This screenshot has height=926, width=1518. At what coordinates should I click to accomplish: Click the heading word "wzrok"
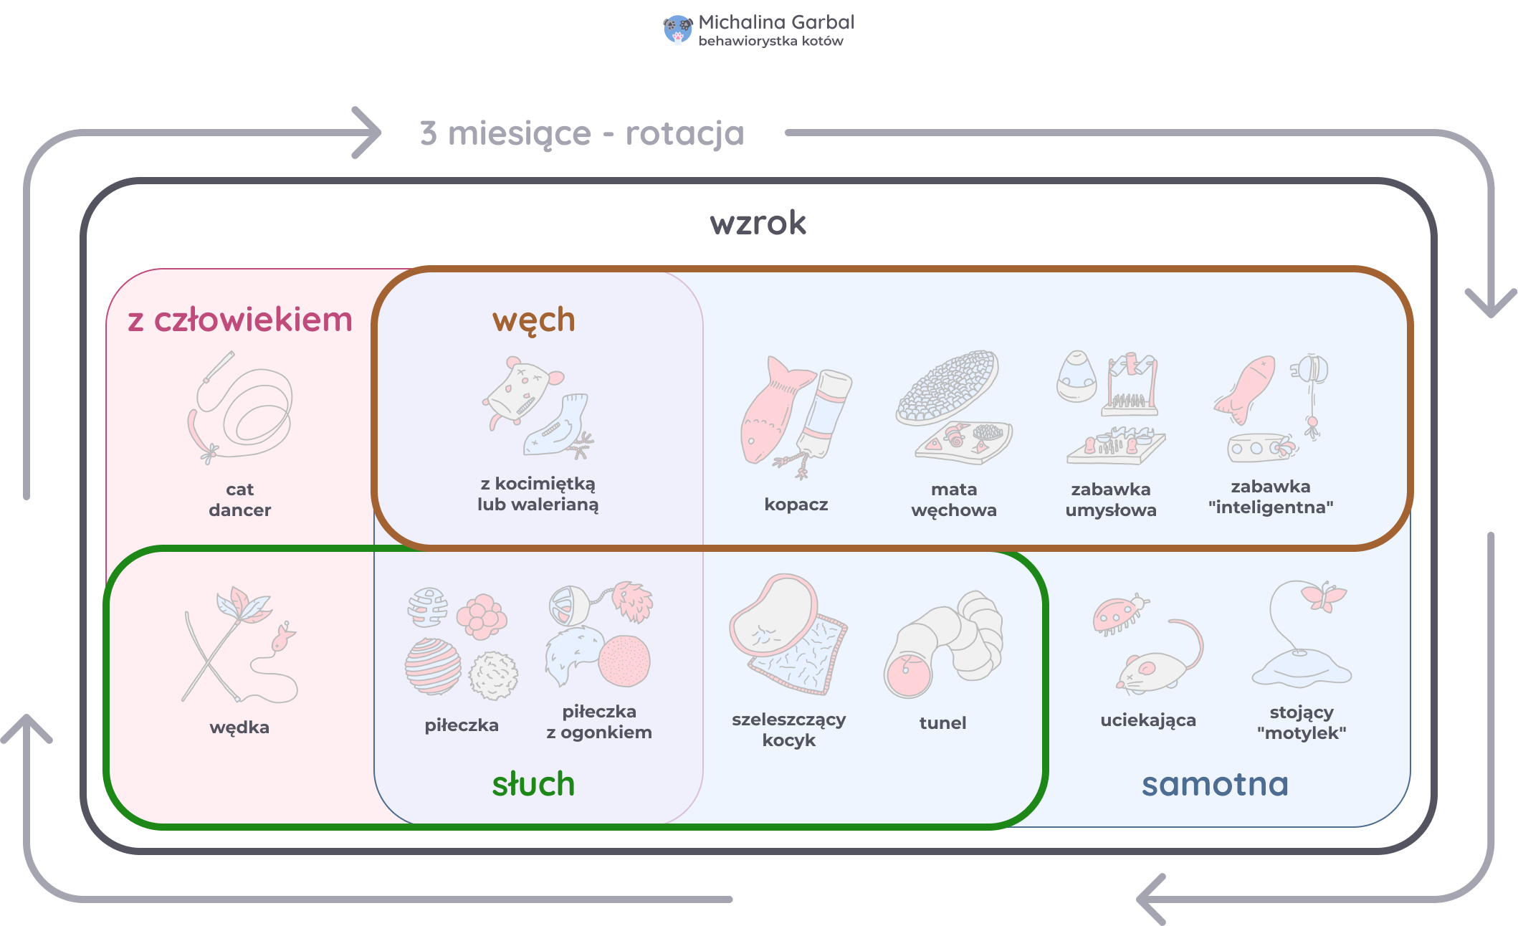(758, 223)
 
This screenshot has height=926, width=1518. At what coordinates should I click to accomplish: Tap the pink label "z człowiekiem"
(240, 320)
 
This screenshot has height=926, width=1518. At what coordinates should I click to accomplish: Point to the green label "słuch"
(533, 783)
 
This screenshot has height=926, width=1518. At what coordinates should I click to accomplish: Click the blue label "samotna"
(1216, 784)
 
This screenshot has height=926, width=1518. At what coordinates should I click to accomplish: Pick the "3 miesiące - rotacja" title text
(582, 133)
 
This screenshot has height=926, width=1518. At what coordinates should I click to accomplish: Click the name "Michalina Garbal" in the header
(776, 22)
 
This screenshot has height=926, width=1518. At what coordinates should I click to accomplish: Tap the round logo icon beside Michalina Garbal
(678, 29)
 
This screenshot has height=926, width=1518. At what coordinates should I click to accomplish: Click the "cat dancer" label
(240, 500)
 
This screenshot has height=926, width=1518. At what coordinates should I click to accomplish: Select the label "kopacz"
(796, 505)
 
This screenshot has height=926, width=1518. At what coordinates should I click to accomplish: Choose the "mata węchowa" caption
(954, 500)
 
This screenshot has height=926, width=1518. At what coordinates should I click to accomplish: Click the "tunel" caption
(942, 722)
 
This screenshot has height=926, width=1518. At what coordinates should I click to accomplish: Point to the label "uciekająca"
(1148, 720)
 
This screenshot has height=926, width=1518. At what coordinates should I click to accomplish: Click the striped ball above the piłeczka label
(433, 667)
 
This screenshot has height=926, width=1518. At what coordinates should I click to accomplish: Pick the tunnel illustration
(943, 645)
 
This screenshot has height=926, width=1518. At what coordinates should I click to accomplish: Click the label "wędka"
(239, 727)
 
